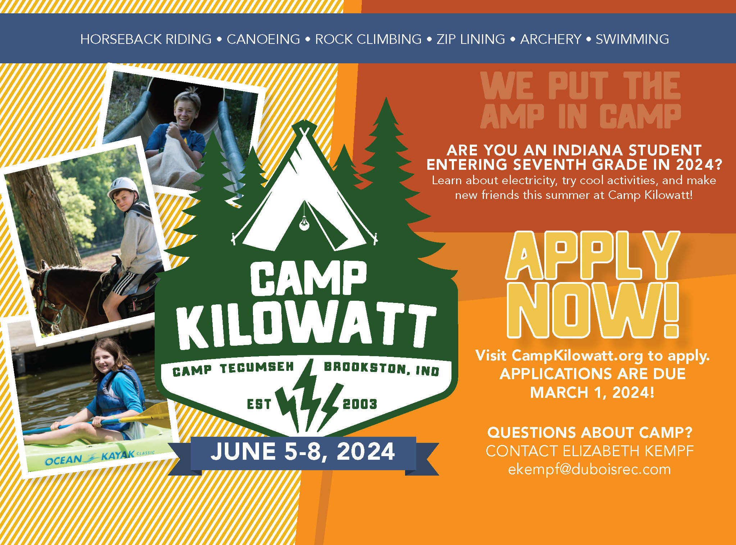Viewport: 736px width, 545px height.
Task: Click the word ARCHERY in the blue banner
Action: tap(551, 39)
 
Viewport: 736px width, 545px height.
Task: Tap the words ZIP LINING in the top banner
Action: tap(471, 39)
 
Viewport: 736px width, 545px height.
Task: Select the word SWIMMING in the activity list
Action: tap(632, 39)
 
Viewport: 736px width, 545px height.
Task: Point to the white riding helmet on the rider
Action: tap(123, 188)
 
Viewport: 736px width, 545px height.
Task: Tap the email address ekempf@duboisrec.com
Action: tap(590, 469)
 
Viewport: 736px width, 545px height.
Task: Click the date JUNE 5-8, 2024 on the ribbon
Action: tap(303, 452)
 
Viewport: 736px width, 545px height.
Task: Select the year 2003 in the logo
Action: tap(360, 404)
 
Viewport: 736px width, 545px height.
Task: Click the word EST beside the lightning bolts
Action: tap(259, 404)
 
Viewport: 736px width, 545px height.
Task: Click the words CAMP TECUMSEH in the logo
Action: tap(233, 369)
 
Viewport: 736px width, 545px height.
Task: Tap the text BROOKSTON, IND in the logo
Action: tap(382, 368)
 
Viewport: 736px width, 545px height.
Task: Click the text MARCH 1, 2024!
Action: tap(592, 392)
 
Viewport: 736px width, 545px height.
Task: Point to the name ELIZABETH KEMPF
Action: tap(628, 451)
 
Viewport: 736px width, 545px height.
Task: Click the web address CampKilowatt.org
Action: tap(577, 356)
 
